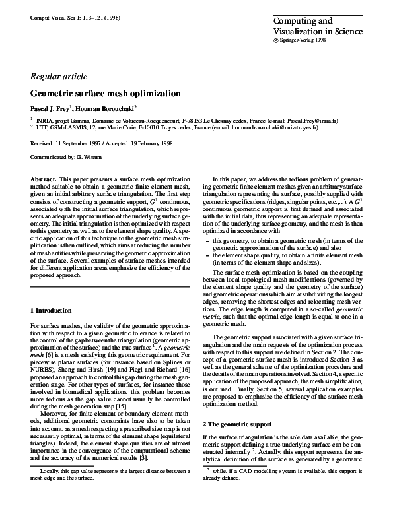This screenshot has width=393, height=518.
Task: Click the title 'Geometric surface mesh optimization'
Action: click(106, 94)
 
